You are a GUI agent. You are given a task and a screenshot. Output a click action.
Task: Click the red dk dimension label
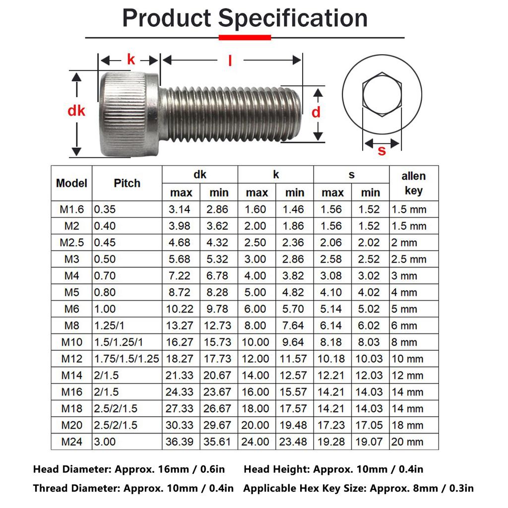76,111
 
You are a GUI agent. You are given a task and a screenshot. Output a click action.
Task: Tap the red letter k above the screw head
130,60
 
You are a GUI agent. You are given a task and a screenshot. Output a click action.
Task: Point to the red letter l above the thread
230,60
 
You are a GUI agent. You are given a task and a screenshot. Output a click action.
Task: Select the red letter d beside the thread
316,113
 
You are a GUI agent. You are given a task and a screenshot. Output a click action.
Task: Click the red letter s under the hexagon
381,150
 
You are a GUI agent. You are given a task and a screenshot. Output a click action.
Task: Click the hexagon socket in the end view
382,94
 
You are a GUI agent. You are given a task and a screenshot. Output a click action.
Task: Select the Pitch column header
127,183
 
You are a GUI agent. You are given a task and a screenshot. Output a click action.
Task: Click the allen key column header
413,183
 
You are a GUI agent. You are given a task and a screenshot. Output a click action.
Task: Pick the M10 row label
72,342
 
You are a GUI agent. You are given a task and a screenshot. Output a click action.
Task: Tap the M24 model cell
72,442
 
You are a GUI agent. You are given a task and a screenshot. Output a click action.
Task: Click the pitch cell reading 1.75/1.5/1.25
127,359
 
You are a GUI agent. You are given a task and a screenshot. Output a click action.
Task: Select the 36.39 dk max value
180,442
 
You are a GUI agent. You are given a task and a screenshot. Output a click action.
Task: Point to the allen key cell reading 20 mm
407,442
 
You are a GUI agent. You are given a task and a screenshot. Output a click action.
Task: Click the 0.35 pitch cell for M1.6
105,209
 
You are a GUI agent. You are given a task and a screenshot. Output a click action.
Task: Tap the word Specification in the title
293,18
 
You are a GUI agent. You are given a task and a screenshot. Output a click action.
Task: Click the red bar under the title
245,37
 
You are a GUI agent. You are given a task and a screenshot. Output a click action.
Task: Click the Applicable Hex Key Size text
358,488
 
